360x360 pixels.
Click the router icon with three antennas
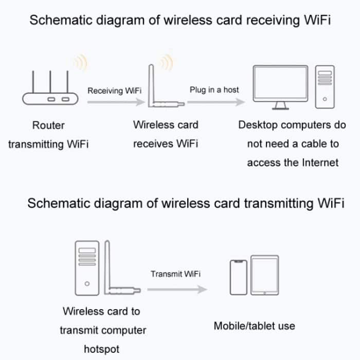pos(48,93)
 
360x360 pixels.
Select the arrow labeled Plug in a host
pos(215,102)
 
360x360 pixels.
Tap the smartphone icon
pos(238,277)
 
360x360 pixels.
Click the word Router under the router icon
pos(48,125)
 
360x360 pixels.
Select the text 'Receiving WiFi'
pos(114,91)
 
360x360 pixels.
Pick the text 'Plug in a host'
pos(214,89)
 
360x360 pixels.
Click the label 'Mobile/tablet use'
pos(254,326)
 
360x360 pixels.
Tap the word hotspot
pos(102,349)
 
